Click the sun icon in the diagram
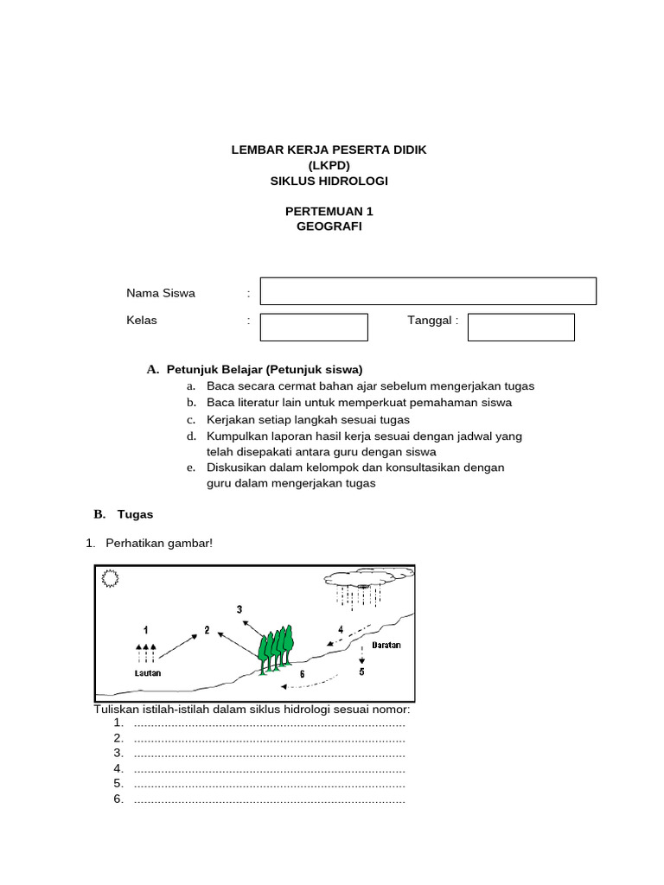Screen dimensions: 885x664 pyautogui.click(x=111, y=579)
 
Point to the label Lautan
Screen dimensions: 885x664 pyautogui.click(x=147, y=672)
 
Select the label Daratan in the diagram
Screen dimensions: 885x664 pyautogui.click(x=386, y=645)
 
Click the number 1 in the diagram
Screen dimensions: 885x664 pyautogui.click(x=146, y=628)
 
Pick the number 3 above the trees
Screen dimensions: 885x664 pyautogui.click(x=239, y=609)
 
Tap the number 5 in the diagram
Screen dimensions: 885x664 pyautogui.click(x=361, y=672)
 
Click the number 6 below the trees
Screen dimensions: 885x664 pyautogui.click(x=302, y=673)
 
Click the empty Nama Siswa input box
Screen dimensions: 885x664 pyautogui.click(x=428, y=291)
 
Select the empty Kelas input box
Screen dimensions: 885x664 pyautogui.click(x=314, y=328)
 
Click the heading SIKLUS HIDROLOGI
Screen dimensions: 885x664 pyautogui.click(x=329, y=181)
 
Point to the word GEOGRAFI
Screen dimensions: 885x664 pyautogui.click(x=329, y=226)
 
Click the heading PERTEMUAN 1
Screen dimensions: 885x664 pyautogui.click(x=329, y=211)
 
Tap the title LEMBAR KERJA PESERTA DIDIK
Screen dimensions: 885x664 pyautogui.click(x=329, y=150)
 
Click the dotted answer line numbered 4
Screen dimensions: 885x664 pyautogui.click(x=270, y=768)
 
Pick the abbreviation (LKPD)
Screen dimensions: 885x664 pyautogui.click(x=329, y=165)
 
